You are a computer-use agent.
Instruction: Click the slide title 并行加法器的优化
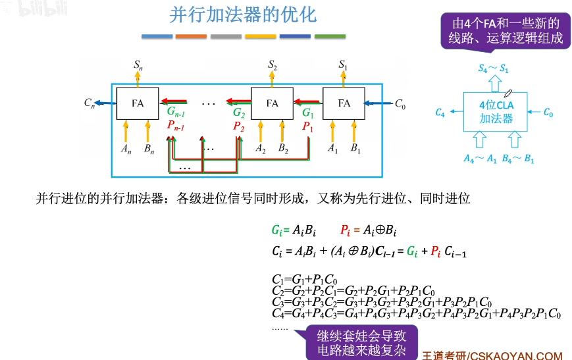point(243,15)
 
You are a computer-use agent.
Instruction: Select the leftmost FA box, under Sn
point(138,103)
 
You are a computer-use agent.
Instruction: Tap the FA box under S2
point(273,103)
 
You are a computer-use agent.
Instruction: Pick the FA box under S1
point(344,103)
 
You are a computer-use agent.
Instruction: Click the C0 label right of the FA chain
point(400,103)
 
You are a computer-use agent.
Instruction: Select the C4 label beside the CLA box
point(440,113)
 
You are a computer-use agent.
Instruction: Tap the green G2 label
point(238,113)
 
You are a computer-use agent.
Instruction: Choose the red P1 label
point(307,127)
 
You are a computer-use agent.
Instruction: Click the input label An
point(126,149)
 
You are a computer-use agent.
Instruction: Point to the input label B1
point(355,149)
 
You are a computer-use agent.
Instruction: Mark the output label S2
point(273,64)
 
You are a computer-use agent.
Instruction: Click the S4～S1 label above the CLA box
point(494,68)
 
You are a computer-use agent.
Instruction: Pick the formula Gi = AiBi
point(294,230)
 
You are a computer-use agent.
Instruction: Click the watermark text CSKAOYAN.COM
point(516,354)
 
